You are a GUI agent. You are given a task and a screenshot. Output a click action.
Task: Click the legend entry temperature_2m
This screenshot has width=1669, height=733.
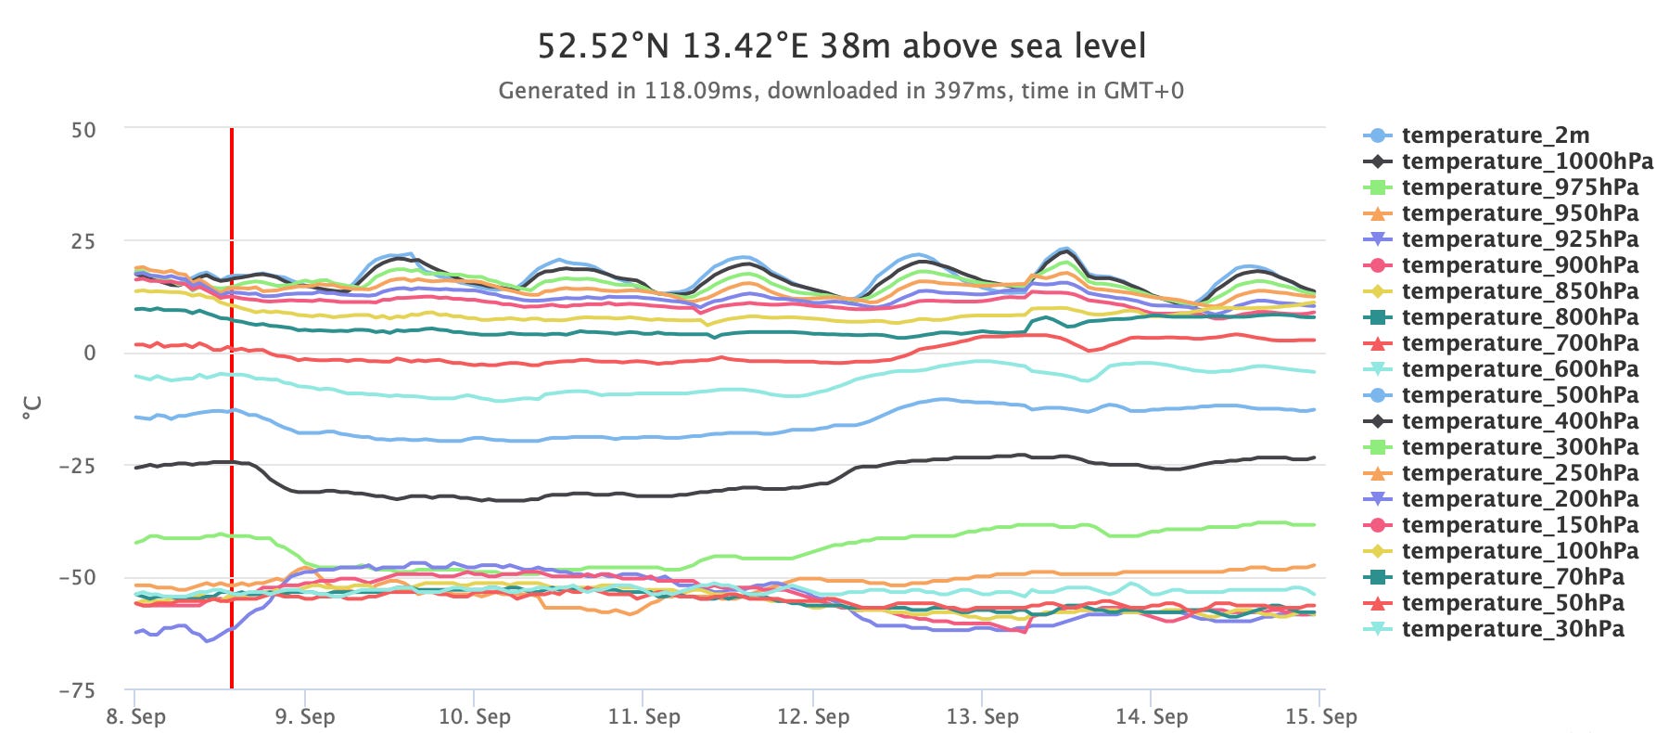(x=1495, y=135)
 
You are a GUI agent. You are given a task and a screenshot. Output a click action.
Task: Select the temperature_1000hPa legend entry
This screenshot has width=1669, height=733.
(x=1526, y=161)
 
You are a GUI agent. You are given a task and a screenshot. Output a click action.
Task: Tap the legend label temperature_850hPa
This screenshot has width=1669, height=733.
(x=1519, y=291)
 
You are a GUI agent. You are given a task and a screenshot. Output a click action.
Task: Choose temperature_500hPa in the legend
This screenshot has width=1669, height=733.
(x=1519, y=395)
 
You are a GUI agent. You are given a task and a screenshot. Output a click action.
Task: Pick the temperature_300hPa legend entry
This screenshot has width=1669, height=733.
(x=1519, y=447)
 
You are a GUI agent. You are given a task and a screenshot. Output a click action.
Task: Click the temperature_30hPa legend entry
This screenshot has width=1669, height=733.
(x=1511, y=629)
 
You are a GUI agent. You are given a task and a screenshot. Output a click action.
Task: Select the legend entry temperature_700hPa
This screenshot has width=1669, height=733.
(x=1519, y=343)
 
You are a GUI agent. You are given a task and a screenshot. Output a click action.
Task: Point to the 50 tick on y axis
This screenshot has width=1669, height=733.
(x=83, y=130)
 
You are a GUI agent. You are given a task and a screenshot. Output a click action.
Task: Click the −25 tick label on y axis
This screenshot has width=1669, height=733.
(x=77, y=466)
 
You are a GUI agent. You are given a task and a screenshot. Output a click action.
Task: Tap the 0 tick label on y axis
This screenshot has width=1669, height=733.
(x=90, y=354)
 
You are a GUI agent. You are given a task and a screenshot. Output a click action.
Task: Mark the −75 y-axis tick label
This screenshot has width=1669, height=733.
(x=77, y=690)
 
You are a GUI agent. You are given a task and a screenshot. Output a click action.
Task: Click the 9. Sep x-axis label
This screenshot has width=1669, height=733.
(x=305, y=716)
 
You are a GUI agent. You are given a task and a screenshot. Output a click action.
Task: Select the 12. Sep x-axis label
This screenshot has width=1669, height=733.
(x=812, y=716)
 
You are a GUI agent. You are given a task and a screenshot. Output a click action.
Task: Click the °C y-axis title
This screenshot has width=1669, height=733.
(x=32, y=408)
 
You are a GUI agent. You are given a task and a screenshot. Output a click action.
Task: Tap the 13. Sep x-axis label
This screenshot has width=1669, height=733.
(x=982, y=716)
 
